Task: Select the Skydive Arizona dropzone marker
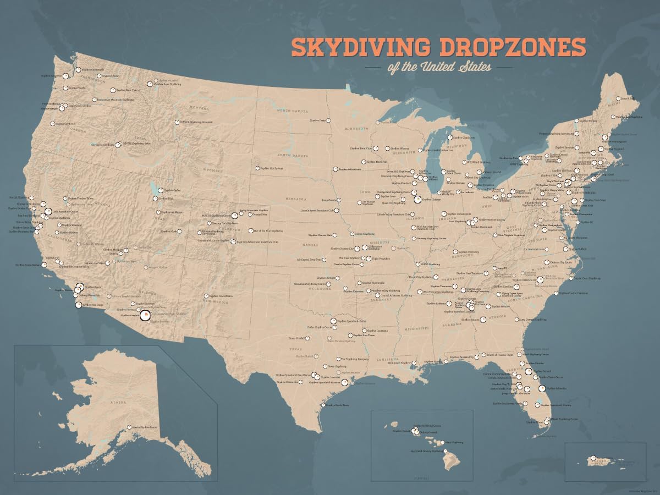pos(145,315)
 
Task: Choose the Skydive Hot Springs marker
pos(257,168)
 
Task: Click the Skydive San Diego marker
pos(78,305)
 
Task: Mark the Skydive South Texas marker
pos(323,405)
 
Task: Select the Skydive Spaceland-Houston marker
pos(345,382)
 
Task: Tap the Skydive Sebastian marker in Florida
pos(542,388)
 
